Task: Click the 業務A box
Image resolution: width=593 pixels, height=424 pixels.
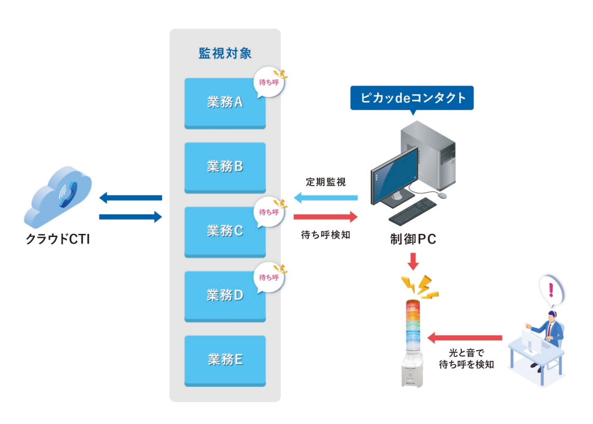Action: [225, 103]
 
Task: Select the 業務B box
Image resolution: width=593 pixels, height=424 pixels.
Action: [225, 167]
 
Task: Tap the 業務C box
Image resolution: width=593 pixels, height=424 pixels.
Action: [225, 232]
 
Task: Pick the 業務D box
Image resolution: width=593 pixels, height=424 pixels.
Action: [225, 296]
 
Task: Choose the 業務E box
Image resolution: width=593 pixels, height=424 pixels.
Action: [225, 360]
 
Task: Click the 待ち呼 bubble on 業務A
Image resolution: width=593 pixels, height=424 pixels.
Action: [268, 81]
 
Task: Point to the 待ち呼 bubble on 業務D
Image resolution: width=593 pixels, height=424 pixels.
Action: [268, 277]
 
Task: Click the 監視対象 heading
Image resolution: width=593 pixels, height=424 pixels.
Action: [225, 53]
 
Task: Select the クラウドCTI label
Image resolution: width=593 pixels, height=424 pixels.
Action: [58, 238]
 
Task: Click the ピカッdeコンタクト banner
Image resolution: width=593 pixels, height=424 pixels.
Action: [412, 98]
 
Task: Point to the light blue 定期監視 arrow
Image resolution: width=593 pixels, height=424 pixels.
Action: [326, 198]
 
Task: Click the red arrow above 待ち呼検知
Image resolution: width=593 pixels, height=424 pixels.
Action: [326, 217]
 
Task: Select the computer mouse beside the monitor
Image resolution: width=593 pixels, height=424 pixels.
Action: [441, 195]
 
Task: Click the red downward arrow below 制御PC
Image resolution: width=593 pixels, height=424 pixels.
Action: [413, 261]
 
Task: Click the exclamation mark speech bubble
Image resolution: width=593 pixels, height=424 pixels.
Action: [550, 289]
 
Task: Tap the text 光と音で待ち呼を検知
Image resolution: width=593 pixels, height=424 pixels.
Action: [466, 358]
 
